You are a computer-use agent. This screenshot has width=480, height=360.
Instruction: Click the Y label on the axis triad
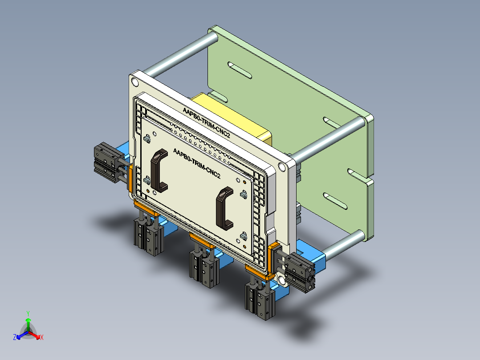[x=28, y=313]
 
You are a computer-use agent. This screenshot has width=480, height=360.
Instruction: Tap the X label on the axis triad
[x=42, y=338]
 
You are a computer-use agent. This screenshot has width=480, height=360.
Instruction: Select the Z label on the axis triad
[x=15, y=338]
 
